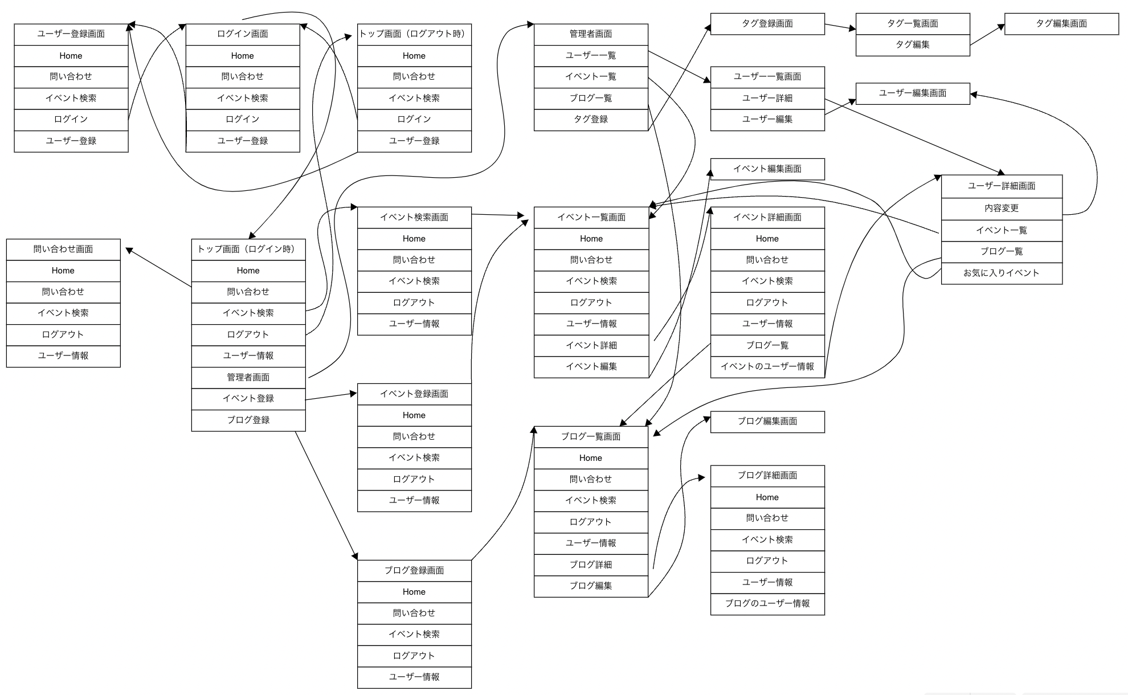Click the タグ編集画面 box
pyautogui.click(x=1061, y=24)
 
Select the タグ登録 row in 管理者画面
pyautogui.click(x=591, y=120)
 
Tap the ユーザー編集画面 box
pyautogui.click(x=912, y=93)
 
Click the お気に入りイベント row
pyautogui.click(x=1001, y=273)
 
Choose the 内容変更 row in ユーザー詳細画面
pyautogui.click(x=1001, y=208)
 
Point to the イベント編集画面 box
pyautogui.click(x=767, y=169)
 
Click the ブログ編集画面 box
pyautogui.click(x=767, y=422)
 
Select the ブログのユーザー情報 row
pyautogui.click(x=767, y=604)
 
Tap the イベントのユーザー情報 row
pyautogui.click(x=767, y=367)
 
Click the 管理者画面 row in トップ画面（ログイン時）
pyautogui.click(x=248, y=377)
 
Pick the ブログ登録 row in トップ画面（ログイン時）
pyautogui.click(x=248, y=420)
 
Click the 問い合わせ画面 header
pyautogui.click(x=63, y=250)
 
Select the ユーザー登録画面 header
pyautogui.click(x=71, y=34)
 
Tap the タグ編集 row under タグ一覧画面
pyautogui.click(x=912, y=45)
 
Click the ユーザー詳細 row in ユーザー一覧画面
pyautogui.click(x=767, y=99)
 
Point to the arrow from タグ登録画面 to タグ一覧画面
pyautogui.click(x=840, y=26)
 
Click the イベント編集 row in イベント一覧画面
pyautogui.click(x=591, y=367)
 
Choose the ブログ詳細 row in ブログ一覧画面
pyautogui.click(x=591, y=565)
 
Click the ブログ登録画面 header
pyautogui.click(x=414, y=571)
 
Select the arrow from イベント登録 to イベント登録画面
pyautogui.click(x=330, y=396)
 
